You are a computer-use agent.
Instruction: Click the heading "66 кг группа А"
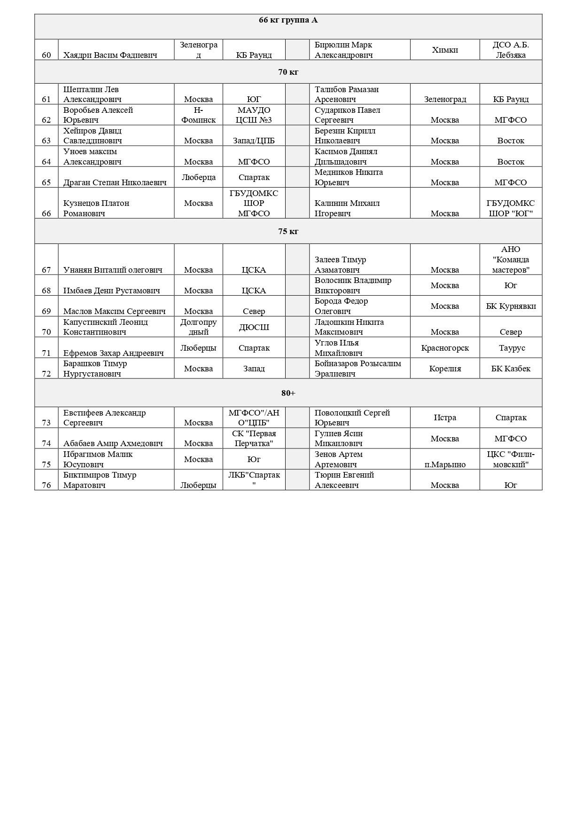pos(288,20)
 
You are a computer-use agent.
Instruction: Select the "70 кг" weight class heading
pos(288,72)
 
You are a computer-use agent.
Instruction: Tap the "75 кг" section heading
pos(288,231)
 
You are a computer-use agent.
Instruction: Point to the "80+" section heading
pos(288,393)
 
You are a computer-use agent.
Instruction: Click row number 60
pos(46,55)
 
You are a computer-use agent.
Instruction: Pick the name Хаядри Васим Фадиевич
pos(110,55)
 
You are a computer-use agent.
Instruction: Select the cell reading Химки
pos(444,50)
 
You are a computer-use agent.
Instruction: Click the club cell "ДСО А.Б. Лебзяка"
pos(511,50)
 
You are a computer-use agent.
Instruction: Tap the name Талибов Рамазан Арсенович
pos(346,94)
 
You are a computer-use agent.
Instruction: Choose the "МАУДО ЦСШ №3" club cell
pos(254,115)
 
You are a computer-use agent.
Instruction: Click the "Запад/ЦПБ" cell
pos(254,141)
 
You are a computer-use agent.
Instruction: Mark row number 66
pos(46,213)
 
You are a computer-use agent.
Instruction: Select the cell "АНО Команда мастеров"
pos(511,259)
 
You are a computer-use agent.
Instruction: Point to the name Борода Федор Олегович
pos(341,306)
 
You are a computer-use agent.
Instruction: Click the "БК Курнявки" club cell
pos(511,306)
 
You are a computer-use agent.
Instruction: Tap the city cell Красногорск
pos(444,348)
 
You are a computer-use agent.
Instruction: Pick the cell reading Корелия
pos(444,369)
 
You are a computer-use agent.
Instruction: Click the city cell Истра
pos(444,417)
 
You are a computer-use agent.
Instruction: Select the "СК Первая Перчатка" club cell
pos(254,438)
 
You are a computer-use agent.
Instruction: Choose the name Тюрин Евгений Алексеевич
pos(344,480)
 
